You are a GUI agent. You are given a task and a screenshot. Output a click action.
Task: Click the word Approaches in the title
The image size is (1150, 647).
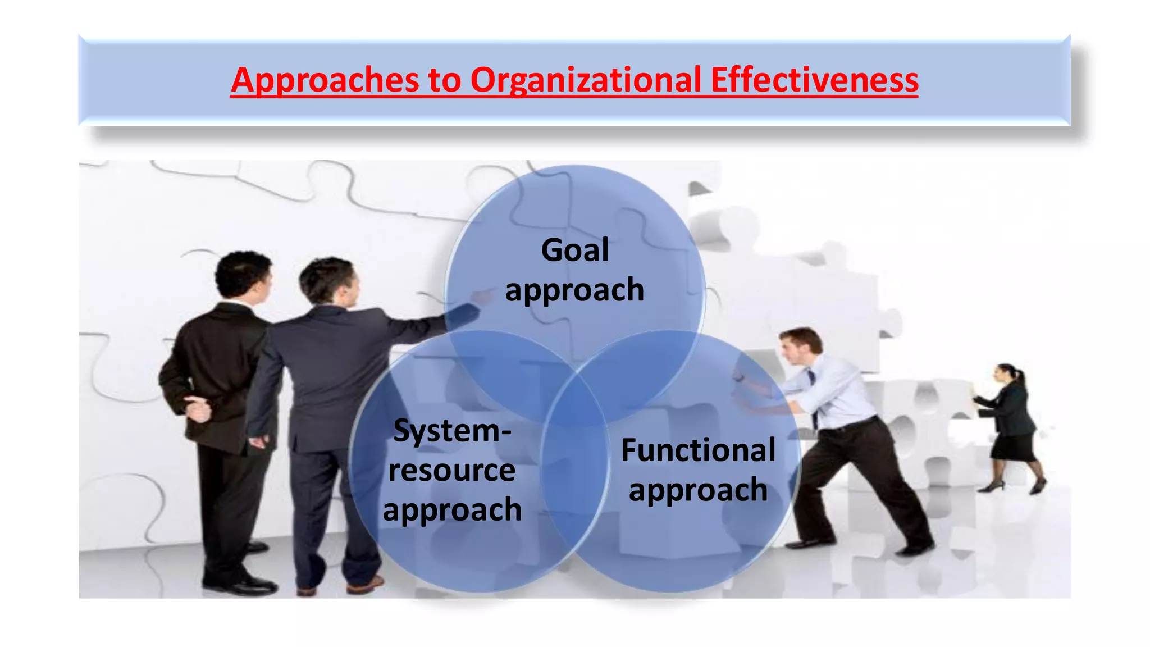coord(325,80)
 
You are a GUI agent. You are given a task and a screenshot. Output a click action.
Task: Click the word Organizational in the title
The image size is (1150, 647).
coord(585,80)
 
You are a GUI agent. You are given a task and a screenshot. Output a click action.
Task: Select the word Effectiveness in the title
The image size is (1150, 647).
coord(814,80)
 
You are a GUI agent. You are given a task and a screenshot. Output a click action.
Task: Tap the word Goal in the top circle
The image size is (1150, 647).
coord(574,250)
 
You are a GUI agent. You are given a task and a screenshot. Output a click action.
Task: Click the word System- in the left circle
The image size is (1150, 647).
coord(452,431)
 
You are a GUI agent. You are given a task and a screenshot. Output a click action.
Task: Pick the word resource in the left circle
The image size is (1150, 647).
coord(451,471)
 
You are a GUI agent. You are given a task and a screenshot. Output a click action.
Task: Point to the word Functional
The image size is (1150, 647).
coord(698,450)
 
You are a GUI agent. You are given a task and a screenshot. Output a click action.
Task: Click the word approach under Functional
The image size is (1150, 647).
coord(698,490)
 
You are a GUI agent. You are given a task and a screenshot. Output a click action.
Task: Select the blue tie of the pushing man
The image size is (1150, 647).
coord(813,388)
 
